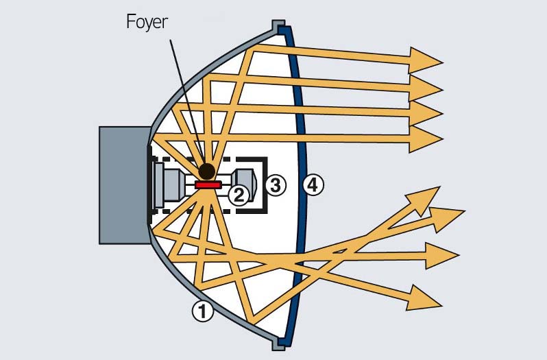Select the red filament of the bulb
pyautogui.click(x=207, y=184)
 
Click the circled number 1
pyautogui.click(x=202, y=312)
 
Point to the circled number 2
pyautogui.click(x=238, y=195)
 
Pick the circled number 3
pyautogui.click(x=275, y=184)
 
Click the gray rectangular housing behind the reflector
pyautogui.click(x=123, y=185)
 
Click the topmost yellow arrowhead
pyautogui.click(x=426, y=60)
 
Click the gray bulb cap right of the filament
pyautogui.click(x=245, y=184)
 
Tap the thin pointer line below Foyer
pyautogui.click(x=183, y=96)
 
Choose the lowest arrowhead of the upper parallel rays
pyautogui.click(x=426, y=140)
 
